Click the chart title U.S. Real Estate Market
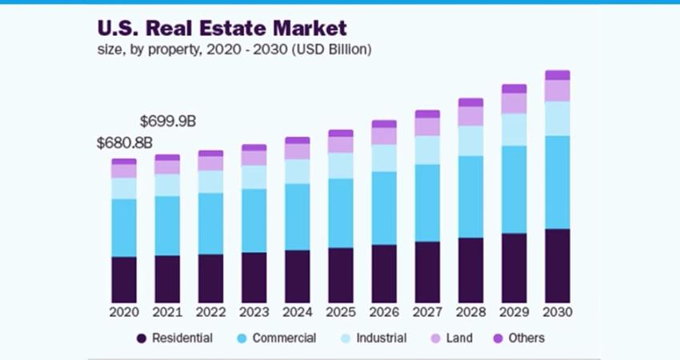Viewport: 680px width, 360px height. (222, 28)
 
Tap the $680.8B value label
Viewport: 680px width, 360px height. (124, 143)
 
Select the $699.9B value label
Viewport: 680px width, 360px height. (167, 122)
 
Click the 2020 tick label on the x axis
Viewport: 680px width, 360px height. (124, 311)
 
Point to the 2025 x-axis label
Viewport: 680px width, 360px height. (341, 311)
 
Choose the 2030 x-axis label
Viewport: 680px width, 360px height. (558, 311)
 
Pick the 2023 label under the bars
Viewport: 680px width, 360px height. (254, 311)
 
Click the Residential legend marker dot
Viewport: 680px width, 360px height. (141, 338)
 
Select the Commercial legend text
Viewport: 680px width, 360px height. (284, 338)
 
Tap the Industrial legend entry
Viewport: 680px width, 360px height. (380, 338)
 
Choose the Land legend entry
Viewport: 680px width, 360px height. (459, 338)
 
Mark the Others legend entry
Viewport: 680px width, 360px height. (526, 338)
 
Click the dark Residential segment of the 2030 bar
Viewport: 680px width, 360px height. (558, 265)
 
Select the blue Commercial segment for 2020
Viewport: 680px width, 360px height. (124, 227)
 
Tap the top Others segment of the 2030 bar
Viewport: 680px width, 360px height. (558, 75)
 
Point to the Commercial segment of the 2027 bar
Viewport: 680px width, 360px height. (427, 202)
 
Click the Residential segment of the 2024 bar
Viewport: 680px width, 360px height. (298, 275)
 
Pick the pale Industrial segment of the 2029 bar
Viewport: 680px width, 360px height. (514, 130)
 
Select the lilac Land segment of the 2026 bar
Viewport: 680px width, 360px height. (384, 136)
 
